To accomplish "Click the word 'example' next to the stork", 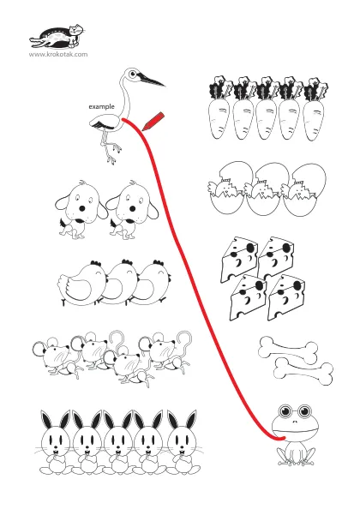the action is tap(102, 106).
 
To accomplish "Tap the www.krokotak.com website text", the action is tap(58, 54).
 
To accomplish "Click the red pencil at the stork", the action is tap(153, 122).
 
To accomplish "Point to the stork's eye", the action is tap(132, 74).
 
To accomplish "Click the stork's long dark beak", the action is tap(152, 80).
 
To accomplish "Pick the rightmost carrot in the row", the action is tap(315, 110).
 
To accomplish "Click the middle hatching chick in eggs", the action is tap(262, 191).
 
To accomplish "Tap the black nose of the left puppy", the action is tap(83, 208).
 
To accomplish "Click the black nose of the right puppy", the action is tap(133, 208).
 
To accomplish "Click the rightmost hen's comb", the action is tap(159, 262).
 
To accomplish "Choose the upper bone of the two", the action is tap(288, 350).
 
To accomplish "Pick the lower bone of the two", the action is tap(303, 371).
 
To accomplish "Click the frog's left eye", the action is tap(285, 411).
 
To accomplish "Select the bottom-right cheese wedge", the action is tap(286, 298).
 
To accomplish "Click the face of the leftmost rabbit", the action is tap(56, 439).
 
